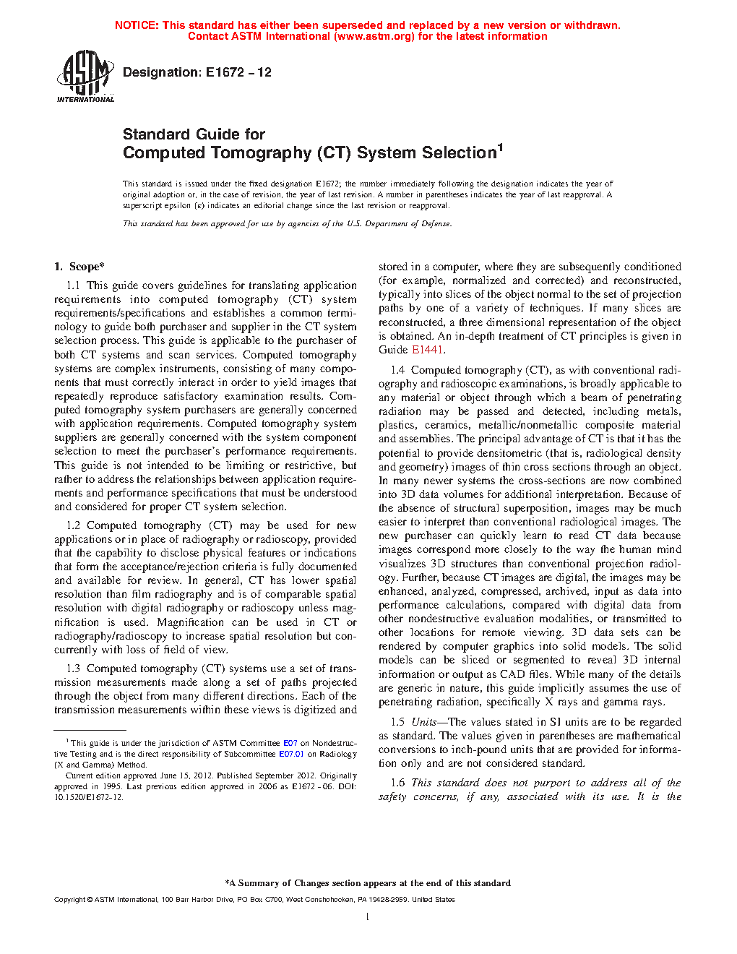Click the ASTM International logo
point(85,75)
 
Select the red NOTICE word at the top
point(136,25)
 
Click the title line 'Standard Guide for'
point(194,134)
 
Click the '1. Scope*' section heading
point(79,267)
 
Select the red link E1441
point(427,350)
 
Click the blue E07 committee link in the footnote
point(290,743)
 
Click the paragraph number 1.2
point(73,525)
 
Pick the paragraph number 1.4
point(397,370)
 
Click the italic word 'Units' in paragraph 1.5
point(424,722)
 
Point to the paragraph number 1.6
point(397,783)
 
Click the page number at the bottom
point(368,917)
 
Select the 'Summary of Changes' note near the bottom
point(368,883)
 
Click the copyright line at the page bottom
point(254,900)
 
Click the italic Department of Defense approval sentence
point(287,224)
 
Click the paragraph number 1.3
point(73,669)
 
